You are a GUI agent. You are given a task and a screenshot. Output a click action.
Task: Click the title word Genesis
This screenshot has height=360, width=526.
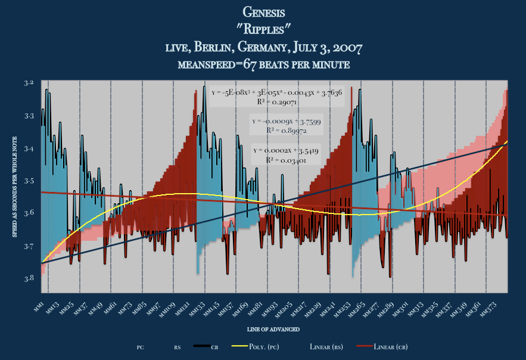(x=264, y=12)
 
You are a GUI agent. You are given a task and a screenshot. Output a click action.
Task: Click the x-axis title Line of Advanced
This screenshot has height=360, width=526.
(x=273, y=329)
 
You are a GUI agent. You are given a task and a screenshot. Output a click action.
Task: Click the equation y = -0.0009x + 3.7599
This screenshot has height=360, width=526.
(x=286, y=122)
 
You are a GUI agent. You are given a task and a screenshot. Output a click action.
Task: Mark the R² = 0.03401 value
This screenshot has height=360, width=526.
(x=286, y=160)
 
